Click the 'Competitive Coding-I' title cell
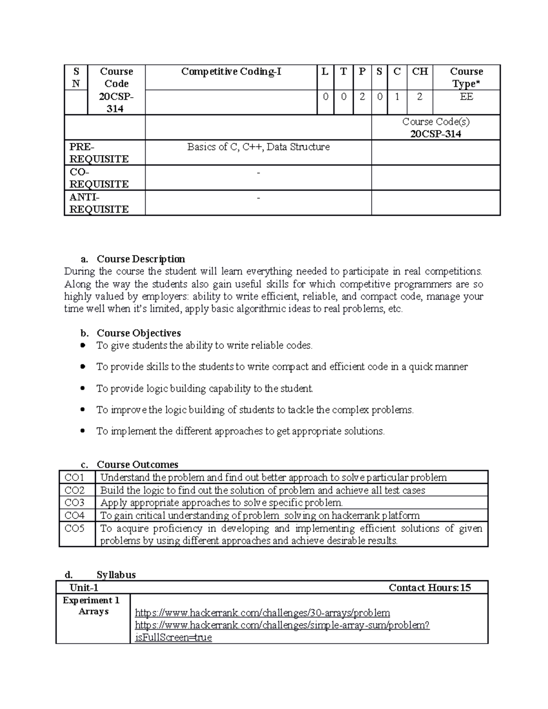click(231, 72)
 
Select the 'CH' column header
click(420, 72)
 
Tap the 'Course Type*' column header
click(466, 78)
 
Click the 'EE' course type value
click(466, 97)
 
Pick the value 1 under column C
click(397, 97)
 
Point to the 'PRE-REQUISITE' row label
click(99, 153)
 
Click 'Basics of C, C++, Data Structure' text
click(258, 147)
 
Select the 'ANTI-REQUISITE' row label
click(99, 203)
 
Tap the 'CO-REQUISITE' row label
click(99, 178)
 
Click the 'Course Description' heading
click(141, 259)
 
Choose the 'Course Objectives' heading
click(139, 333)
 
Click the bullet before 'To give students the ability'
click(83, 346)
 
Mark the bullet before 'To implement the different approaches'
click(83, 431)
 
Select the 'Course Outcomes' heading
click(137, 465)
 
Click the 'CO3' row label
click(74, 503)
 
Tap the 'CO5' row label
click(74, 529)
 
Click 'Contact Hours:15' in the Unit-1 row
click(429, 588)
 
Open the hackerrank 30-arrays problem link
click(263, 613)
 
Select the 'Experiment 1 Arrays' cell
click(93, 606)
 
